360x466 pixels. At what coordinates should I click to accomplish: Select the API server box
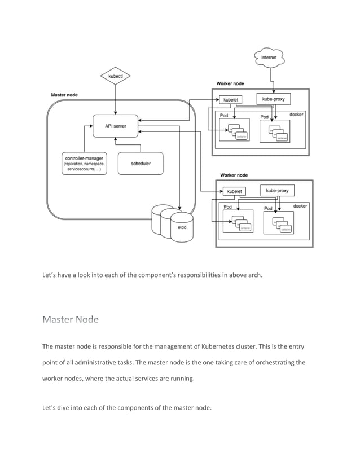point(115,126)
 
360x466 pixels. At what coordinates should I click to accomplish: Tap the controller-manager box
point(84,164)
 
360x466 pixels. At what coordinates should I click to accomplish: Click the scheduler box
point(141,164)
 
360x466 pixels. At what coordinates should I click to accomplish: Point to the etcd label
point(182,228)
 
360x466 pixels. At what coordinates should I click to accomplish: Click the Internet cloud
point(272,58)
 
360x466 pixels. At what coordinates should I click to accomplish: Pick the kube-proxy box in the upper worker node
point(274,99)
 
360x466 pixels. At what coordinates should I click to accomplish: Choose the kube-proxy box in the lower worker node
point(277,191)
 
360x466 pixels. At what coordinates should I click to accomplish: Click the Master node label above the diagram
point(64,95)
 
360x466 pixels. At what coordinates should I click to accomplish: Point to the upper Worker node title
point(230,84)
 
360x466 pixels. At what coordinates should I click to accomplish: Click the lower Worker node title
point(234,175)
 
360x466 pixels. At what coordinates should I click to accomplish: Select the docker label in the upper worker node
point(297,115)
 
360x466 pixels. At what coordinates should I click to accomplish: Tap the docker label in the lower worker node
point(300,206)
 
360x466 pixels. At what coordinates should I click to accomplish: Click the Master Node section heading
point(71,320)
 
